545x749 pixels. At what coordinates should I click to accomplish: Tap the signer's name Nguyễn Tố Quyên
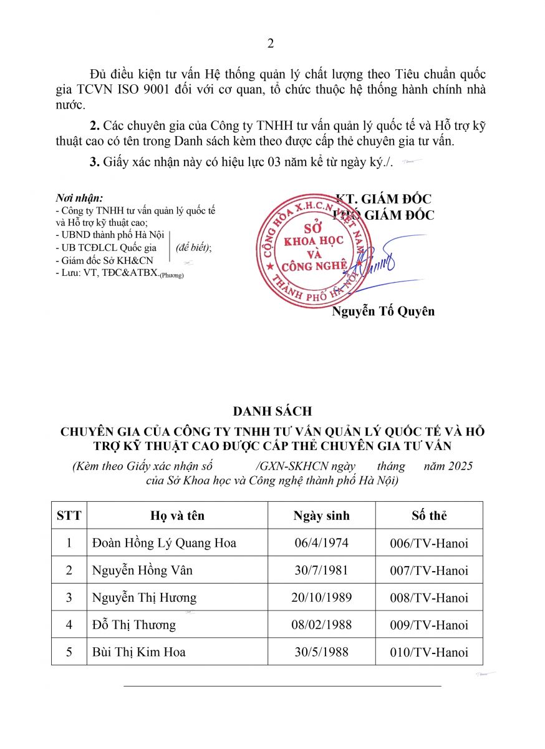[383, 311]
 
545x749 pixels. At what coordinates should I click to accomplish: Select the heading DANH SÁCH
[272, 411]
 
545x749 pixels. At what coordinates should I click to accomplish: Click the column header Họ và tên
[178, 516]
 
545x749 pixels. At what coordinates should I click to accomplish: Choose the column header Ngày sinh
[322, 516]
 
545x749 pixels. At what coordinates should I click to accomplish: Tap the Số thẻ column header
[429, 516]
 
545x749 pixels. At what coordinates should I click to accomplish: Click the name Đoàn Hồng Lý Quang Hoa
[164, 543]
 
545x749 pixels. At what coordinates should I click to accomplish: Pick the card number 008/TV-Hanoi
[429, 597]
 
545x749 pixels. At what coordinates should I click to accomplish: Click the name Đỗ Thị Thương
[133, 625]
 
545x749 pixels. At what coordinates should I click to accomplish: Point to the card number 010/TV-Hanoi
[429, 652]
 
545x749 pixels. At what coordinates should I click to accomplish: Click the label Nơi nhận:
[79, 198]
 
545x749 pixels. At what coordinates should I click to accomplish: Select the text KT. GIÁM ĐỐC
[383, 199]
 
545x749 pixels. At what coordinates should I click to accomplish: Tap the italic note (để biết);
[193, 248]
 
